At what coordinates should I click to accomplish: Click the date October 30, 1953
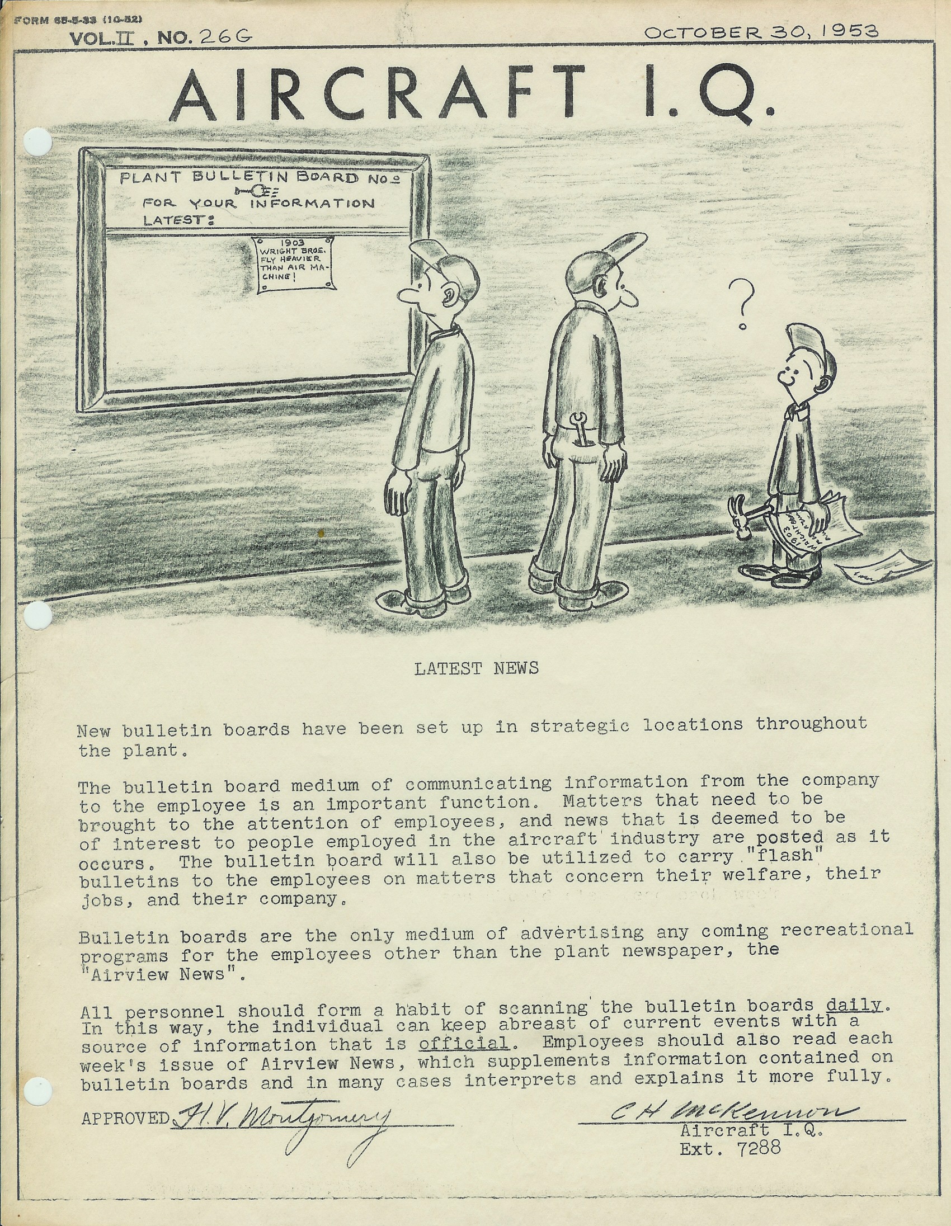point(761,32)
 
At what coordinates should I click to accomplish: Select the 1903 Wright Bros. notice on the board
point(294,264)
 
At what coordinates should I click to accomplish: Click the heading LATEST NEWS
point(476,668)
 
